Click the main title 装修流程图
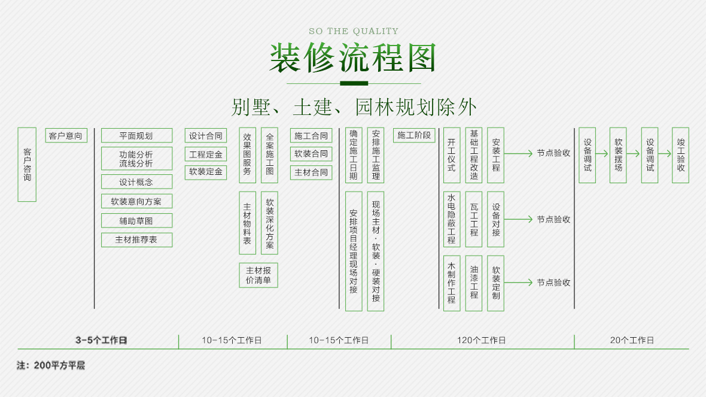(x=353, y=58)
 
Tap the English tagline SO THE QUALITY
(x=353, y=31)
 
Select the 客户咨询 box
(x=27, y=164)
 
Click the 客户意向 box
(x=66, y=136)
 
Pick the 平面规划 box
(x=136, y=136)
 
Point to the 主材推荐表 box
(x=136, y=240)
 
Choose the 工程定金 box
(x=206, y=154)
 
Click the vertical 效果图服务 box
(x=248, y=154)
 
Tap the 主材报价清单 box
(x=258, y=275)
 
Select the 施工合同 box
(x=311, y=136)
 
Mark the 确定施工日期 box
(x=354, y=154)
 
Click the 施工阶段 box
(x=414, y=135)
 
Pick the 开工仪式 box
(x=452, y=154)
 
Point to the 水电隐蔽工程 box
(x=452, y=219)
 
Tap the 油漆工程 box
(x=474, y=283)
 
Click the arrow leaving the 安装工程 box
(x=518, y=153)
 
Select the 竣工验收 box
(x=680, y=154)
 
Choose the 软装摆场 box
(x=618, y=154)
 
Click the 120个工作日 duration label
(x=482, y=340)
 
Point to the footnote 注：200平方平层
(x=51, y=365)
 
